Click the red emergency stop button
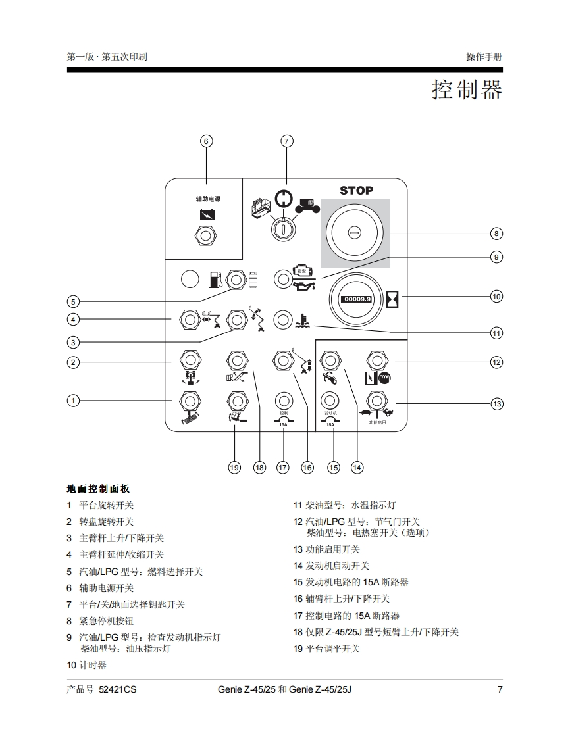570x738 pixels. coord(354,233)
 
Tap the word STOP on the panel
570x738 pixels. coord(356,191)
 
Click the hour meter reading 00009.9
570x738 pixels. coord(356,299)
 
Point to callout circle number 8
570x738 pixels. coord(496,233)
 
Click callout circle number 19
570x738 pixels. coord(234,467)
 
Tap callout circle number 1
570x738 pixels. coord(74,400)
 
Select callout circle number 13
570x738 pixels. coord(496,403)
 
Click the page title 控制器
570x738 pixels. coord(467,89)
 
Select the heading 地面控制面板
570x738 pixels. coord(99,489)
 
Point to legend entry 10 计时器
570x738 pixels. coord(87,665)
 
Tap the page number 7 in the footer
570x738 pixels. coord(500,689)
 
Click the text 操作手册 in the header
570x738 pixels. coord(484,57)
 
